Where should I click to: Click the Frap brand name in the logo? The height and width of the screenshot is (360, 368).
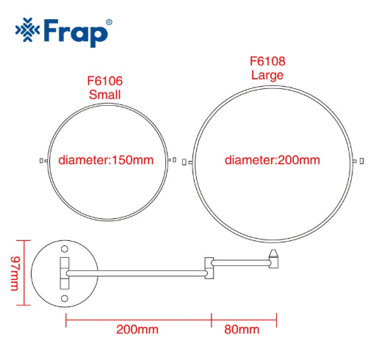pos(76,32)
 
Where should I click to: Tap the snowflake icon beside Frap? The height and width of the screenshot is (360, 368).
pos(27,29)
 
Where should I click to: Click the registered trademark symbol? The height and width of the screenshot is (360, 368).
pos(109,22)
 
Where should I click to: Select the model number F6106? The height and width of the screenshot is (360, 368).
pos(105,81)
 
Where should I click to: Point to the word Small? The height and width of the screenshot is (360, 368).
pos(105,95)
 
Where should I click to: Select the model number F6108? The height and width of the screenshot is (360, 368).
pos(267,61)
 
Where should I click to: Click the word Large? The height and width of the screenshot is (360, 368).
pos(267,75)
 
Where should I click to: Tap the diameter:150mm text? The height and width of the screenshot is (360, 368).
pos(106,160)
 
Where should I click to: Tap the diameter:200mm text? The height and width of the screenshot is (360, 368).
pos(273,160)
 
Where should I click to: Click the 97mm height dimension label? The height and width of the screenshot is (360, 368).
pos(15,273)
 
